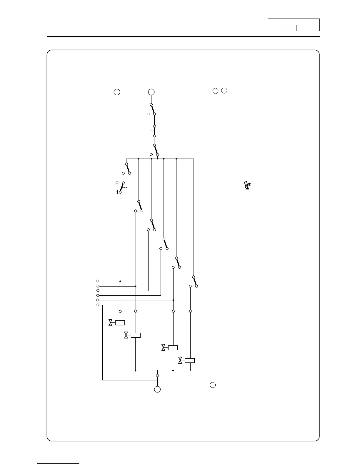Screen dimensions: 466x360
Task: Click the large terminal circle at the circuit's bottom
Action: click(157, 389)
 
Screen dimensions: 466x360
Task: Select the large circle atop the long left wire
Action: click(117, 92)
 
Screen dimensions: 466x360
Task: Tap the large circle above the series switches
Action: click(151, 92)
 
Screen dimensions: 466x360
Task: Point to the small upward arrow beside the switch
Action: click(117, 192)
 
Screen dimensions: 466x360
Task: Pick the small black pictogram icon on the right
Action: click(248, 186)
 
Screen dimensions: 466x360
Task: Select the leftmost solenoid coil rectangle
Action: click(120, 323)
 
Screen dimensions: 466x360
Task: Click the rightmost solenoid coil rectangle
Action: click(190, 360)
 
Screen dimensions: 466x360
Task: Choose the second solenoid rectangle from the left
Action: click(136, 335)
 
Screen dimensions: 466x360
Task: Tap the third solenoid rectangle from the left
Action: click(173, 348)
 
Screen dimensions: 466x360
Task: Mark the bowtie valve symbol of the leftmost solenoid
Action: click(111, 323)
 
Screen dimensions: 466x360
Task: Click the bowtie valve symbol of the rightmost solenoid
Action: click(180, 360)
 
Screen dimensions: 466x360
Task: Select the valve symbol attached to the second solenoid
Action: click(126, 335)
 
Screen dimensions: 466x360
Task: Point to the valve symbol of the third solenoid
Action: click(163, 348)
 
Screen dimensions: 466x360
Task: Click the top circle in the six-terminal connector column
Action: click(98, 281)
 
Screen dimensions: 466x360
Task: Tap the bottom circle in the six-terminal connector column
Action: click(98, 305)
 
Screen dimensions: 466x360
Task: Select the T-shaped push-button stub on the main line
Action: click(152, 131)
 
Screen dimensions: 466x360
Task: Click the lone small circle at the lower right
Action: click(213, 385)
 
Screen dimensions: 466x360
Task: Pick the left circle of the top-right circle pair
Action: click(215, 91)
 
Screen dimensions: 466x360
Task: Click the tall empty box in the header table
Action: click(313, 25)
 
